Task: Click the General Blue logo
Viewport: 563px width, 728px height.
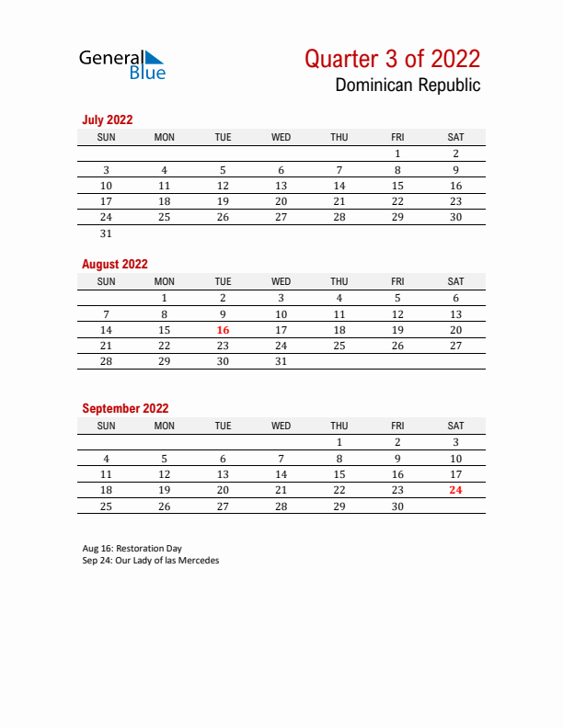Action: pos(121,64)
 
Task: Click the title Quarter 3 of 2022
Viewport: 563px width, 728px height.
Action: pos(392,59)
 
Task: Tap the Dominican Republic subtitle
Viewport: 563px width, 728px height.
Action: pos(408,85)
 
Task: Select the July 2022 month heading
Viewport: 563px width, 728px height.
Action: pos(108,119)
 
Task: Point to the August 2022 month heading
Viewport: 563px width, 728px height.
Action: pos(115,264)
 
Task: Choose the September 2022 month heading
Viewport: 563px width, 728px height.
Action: pos(125,408)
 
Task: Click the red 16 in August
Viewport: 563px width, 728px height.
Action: pos(223,330)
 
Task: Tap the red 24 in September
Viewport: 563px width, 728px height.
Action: pos(455,490)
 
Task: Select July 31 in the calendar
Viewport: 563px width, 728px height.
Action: pos(106,233)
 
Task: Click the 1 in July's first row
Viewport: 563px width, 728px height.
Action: pos(397,154)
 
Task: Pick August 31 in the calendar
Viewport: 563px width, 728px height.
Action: pos(281,361)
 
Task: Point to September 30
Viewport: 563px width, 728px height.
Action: pos(397,506)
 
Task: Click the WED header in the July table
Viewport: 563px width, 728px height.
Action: pos(281,137)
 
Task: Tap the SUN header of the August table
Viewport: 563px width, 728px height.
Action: pos(106,281)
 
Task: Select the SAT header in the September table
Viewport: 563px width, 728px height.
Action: pos(455,426)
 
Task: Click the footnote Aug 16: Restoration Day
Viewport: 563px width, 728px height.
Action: pos(132,549)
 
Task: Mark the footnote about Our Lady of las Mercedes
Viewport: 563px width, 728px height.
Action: pos(151,561)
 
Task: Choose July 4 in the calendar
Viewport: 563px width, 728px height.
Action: pos(165,170)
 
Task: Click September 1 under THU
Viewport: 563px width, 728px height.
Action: pos(339,442)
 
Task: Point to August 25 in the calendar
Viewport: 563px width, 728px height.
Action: pos(339,346)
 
